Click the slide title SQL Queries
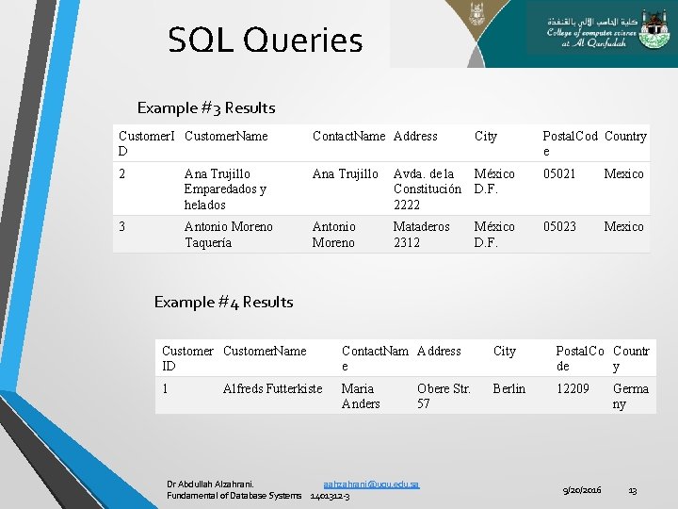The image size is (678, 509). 265,41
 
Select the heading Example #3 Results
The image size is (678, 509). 206,107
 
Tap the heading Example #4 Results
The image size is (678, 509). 223,302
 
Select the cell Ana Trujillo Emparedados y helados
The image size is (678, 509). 226,189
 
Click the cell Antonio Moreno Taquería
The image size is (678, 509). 228,235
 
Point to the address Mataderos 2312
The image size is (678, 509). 422,235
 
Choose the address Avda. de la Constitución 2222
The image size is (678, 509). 427,189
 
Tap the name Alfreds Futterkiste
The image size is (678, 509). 272,388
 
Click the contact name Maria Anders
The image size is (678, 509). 361,396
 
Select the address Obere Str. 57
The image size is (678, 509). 444,396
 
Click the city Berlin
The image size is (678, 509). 509,388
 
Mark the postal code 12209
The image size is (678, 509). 573,388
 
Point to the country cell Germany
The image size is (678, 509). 630,396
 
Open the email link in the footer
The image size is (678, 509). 371,484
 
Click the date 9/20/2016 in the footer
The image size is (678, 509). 583,490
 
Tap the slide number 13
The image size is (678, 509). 633,490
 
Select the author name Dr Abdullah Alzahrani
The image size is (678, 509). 209,484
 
